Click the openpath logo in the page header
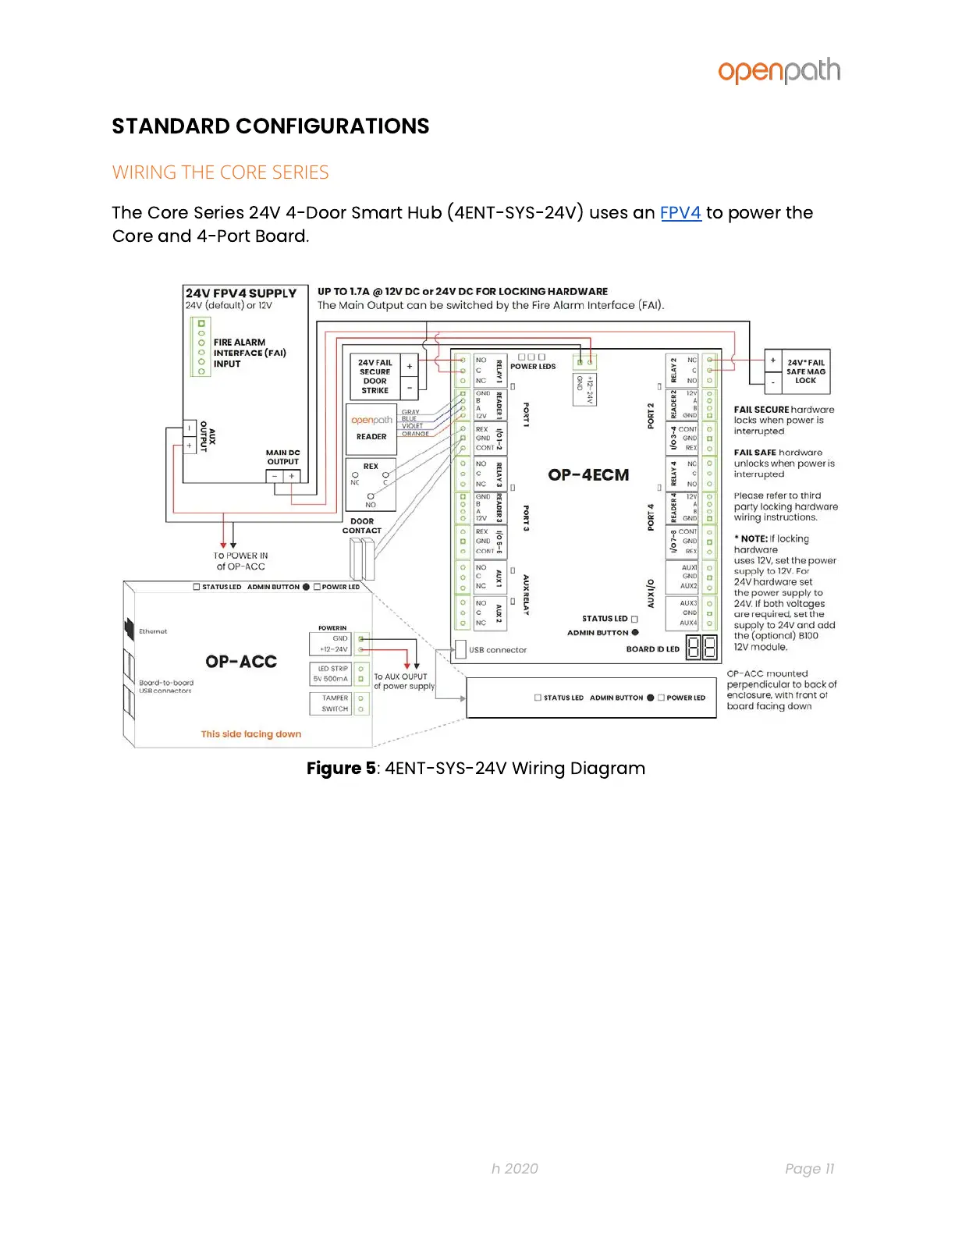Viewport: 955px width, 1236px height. tap(779, 71)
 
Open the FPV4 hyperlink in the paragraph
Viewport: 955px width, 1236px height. tap(680, 213)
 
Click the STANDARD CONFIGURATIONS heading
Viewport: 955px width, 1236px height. tap(270, 126)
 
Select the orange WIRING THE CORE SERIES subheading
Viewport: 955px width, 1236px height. tap(220, 172)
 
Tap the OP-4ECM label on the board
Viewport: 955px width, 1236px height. tap(588, 474)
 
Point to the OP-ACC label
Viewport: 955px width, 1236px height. tap(241, 662)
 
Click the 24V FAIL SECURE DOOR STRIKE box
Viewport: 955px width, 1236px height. tap(375, 376)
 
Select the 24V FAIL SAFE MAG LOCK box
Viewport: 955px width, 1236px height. tap(805, 371)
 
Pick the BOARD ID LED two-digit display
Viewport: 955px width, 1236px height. tap(701, 648)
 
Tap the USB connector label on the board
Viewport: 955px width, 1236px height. tap(498, 650)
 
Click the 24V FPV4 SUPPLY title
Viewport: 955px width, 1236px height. tap(241, 293)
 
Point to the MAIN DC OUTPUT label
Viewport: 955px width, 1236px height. tap(282, 457)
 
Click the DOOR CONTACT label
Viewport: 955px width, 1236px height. tap(362, 526)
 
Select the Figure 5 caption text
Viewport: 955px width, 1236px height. tap(475, 769)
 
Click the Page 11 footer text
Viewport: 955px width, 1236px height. tap(809, 1168)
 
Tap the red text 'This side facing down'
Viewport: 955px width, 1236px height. tap(250, 734)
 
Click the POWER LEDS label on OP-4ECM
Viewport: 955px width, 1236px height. tap(533, 367)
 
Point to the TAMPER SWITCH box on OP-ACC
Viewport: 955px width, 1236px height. tap(335, 704)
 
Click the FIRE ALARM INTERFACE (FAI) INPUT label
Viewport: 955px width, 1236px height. tap(249, 353)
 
